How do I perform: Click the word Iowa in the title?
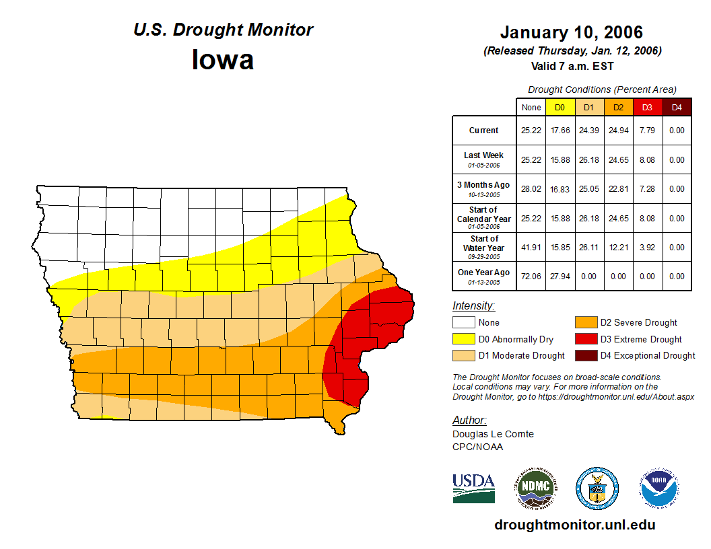click(x=223, y=60)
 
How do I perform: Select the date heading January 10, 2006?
click(x=571, y=32)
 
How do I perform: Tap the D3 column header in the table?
click(x=647, y=107)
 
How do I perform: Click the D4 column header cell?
click(x=677, y=107)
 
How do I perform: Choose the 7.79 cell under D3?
click(x=647, y=131)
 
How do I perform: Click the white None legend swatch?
click(x=464, y=323)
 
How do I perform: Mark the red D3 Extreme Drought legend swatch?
click(x=586, y=339)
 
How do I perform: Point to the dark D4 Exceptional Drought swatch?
click(x=586, y=355)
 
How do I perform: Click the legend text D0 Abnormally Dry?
click(x=507, y=339)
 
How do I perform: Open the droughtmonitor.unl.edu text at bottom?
click(x=574, y=525)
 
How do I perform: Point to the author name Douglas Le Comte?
click(x=493, y=434)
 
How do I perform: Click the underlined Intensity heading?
click(x=473, y=306)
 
